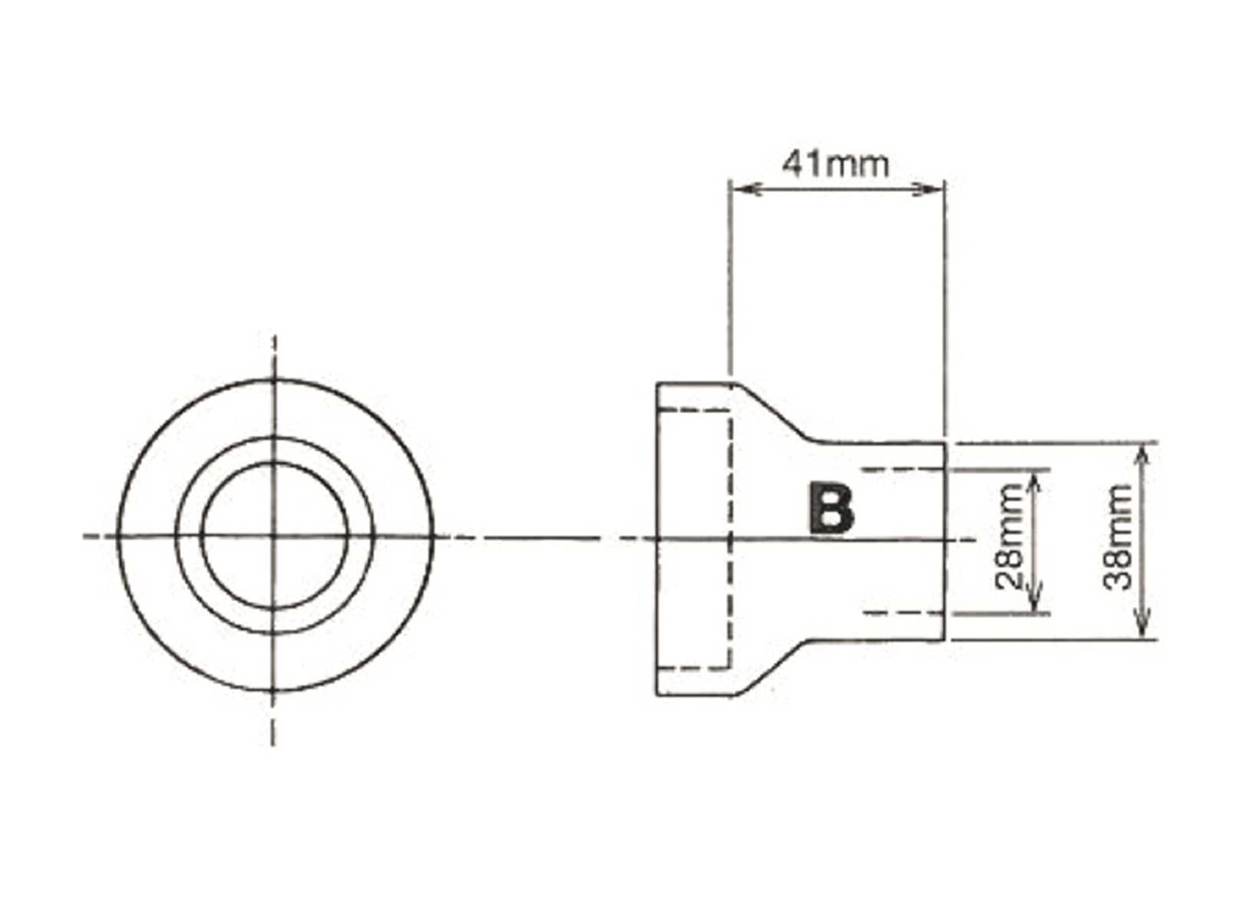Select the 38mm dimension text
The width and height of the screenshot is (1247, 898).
[x=1117, y=536]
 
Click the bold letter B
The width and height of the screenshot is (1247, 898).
[x=830, y=509]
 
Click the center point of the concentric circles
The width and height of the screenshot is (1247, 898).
[x=275, y=536]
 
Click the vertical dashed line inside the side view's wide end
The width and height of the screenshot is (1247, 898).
[x=728, y=537]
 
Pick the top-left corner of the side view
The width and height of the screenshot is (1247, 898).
[x=657, y=384]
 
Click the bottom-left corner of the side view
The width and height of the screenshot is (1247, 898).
[x=657, y=695]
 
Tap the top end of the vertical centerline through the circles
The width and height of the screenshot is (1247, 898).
[x=275, y=338]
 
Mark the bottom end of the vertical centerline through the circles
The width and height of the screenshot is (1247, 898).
[x=274, y=743]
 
